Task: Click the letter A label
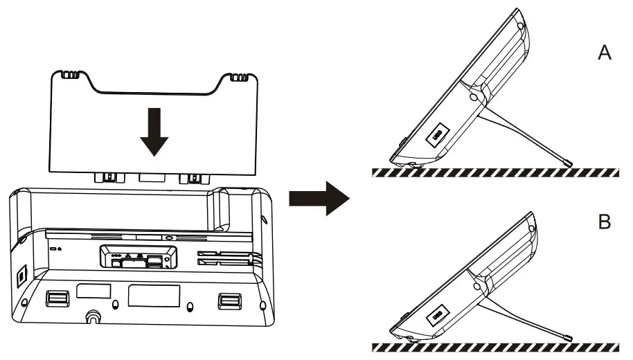[x=605, y=54]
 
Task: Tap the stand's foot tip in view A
[x=567, y=163]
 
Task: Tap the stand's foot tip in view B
[x=567, y=338]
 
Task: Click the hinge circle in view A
[x=474, y=98]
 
